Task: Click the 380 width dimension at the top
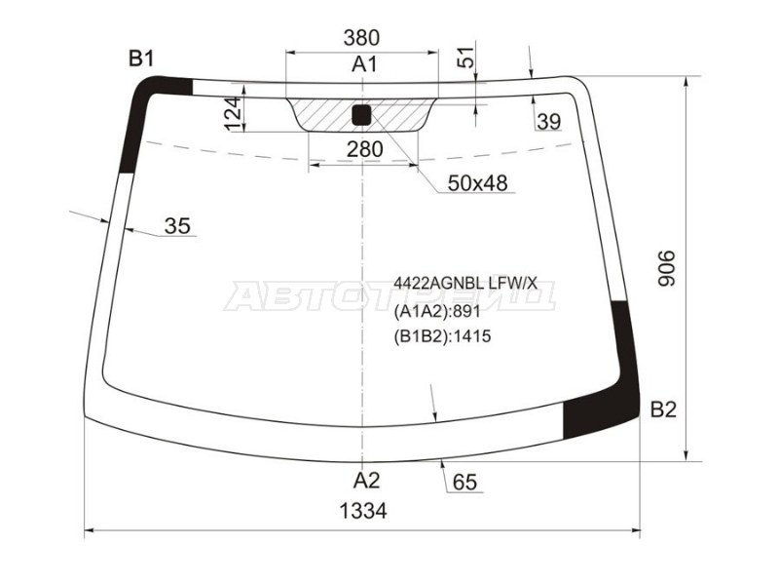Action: [361, 37]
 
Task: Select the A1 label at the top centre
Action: [364, 64]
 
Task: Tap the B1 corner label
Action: [141, 58]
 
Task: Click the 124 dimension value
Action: [234, 114]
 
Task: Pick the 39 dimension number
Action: [548, 121]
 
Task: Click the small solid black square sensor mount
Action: [361, 115]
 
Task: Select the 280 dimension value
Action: [365, 149]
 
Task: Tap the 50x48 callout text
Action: [477, 183]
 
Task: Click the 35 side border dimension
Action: [177, 226]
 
